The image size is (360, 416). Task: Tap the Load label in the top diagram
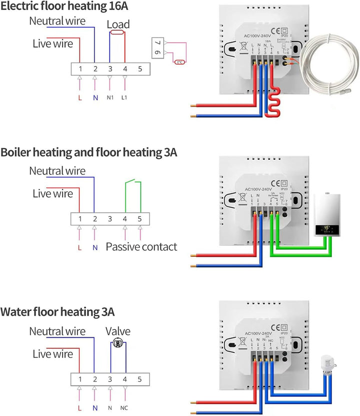pos(118,24)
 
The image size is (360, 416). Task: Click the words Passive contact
pos(141,246)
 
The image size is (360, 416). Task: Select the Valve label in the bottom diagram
pos(118,331)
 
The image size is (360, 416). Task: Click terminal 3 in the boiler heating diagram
pos(109,219)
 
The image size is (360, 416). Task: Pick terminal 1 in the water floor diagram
pos(79,379)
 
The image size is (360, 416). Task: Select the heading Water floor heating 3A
pos(57,312)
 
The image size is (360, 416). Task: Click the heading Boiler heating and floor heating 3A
pos(89,152)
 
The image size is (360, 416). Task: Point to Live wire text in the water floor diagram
pos(52,354)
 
